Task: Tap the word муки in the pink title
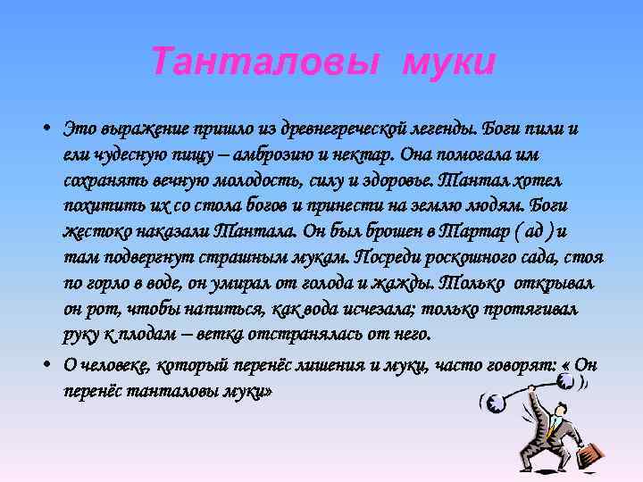pos(448,63)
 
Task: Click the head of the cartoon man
pos(560,411)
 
